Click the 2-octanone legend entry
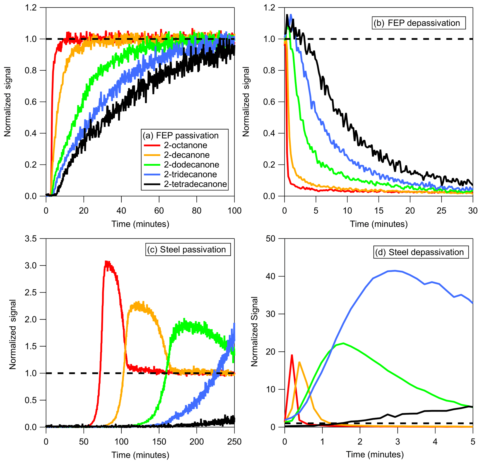(185, 145)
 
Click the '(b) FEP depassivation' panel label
(419, 23)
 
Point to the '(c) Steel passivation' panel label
(188, 249)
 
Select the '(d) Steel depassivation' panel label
(421, 252)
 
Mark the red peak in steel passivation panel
(106, 262)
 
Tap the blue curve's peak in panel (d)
(395, 270)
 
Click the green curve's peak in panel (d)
(343, 343)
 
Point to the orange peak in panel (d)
(299, 362)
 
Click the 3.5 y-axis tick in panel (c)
(31, 239)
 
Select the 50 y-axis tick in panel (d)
(270, 239)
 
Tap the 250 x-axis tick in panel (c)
(234, 442)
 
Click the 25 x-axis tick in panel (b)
(442, 211)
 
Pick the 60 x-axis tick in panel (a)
(159, 211)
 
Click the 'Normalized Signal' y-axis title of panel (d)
(254, 331)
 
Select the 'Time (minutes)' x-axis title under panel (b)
(379, 224)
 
